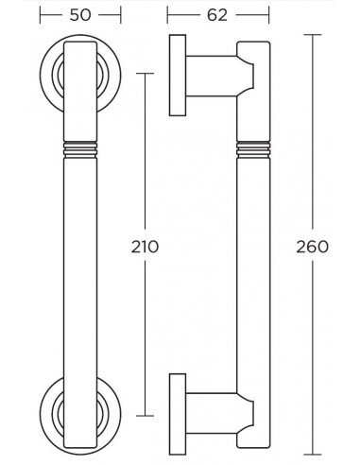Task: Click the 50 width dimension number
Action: coord(80,15)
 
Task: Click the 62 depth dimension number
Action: coord(217,15)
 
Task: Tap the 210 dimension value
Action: coord(145,247)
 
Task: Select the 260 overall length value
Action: coord(313,247)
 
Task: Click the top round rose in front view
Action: coord(45,75)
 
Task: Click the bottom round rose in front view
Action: coord(45,415)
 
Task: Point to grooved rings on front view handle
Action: coord(80,149)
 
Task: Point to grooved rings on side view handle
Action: coord(253,149)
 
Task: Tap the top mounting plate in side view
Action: coord(178,76)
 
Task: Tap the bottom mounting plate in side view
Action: coord(178,414)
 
